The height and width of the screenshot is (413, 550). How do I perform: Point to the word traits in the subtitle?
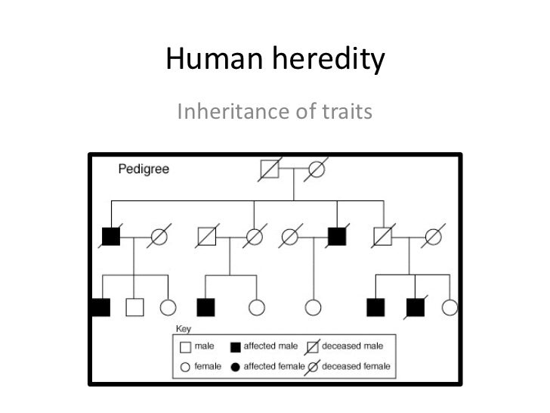[x=347, y=113]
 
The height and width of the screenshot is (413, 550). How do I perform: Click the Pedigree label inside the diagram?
[x=144, y=168]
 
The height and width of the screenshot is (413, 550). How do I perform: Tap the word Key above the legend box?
[x=183, y=329]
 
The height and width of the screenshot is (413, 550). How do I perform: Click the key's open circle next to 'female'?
[x=185, y=367]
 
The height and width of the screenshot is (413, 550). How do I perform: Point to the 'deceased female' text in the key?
[x=356, y=367]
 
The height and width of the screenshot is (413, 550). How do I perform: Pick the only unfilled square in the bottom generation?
[x=134, y=307]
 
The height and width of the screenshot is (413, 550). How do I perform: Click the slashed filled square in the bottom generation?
[x=414, y=307]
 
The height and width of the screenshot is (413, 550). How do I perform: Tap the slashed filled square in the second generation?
[x=110, y=238]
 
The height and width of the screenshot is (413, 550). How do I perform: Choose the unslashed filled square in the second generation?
[x=336, y=238]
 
